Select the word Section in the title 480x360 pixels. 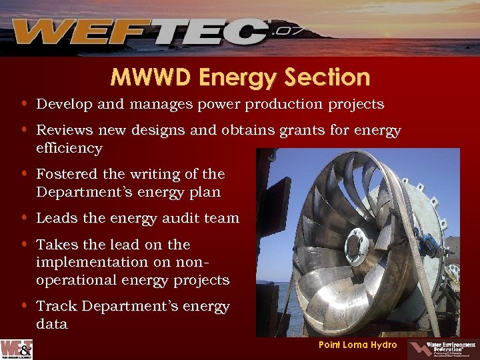326,78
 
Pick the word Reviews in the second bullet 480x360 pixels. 64,131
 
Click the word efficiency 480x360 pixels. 69,148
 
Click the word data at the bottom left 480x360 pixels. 51,324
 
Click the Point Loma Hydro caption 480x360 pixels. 357,345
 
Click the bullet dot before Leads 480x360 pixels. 23,218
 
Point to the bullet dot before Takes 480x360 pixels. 23,245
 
